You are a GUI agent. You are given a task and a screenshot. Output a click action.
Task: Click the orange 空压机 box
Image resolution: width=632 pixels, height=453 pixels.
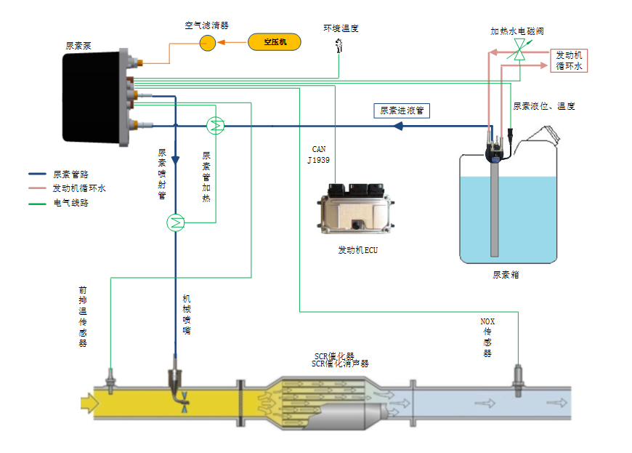(x=274, y=42)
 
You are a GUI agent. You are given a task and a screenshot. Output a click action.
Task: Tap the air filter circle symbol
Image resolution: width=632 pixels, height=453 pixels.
(x=208, y=43)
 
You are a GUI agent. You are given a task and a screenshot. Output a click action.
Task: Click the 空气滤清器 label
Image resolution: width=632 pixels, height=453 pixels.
(x=206, y=25)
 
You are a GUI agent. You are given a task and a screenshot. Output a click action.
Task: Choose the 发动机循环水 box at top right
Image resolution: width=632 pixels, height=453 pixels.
(x=570, y=60)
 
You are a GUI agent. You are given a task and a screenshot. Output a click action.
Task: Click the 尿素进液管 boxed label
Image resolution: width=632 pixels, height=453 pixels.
(x=402, y=111)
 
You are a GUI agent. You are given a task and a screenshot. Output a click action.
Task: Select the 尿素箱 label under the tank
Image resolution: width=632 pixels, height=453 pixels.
(x=506, y=275)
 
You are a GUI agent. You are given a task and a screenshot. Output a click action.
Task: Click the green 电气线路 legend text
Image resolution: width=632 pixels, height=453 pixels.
(x=71, y=203)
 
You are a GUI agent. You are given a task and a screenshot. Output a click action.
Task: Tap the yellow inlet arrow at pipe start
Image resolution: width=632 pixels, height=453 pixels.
(x=89, y=401)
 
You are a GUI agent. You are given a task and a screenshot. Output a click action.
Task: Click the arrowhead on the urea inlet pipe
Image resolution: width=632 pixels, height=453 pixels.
(x=398, y=126)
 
